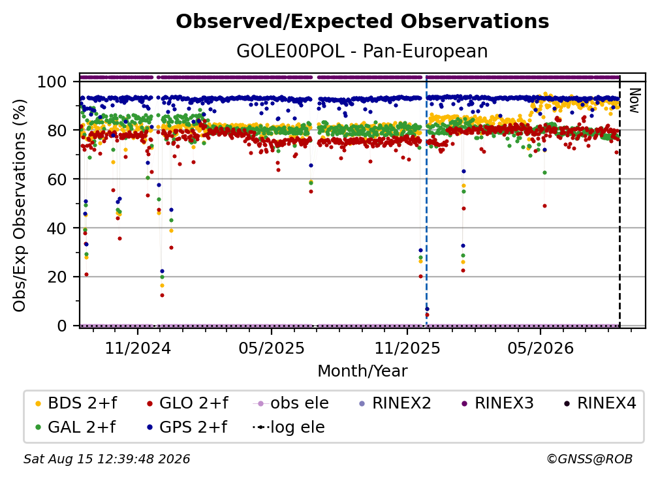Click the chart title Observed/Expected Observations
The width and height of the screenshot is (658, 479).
coord(362,22)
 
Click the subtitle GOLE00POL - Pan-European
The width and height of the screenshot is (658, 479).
coord(362,51)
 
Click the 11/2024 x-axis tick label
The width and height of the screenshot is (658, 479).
coord(138,348)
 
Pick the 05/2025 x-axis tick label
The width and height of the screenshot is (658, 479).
coord(272,348)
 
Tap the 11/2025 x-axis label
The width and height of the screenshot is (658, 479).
coord(407,348)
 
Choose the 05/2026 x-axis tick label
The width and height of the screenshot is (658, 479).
coord(540,348)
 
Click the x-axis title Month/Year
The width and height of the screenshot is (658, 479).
coord(362,371)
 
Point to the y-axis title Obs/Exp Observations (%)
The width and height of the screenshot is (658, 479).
coord(20,205)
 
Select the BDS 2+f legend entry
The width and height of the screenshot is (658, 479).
coord(76,403)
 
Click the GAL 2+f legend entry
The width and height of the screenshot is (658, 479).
coord(76,427)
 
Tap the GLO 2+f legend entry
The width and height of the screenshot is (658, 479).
coord(187,403)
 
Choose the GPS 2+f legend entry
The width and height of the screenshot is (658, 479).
coord(187,427)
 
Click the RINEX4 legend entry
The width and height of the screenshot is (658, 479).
coord(600,403)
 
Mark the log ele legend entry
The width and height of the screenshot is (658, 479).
coord(289,427)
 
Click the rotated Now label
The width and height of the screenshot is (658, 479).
coord(634,100)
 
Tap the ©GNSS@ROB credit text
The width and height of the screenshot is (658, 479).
coord(589,459)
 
